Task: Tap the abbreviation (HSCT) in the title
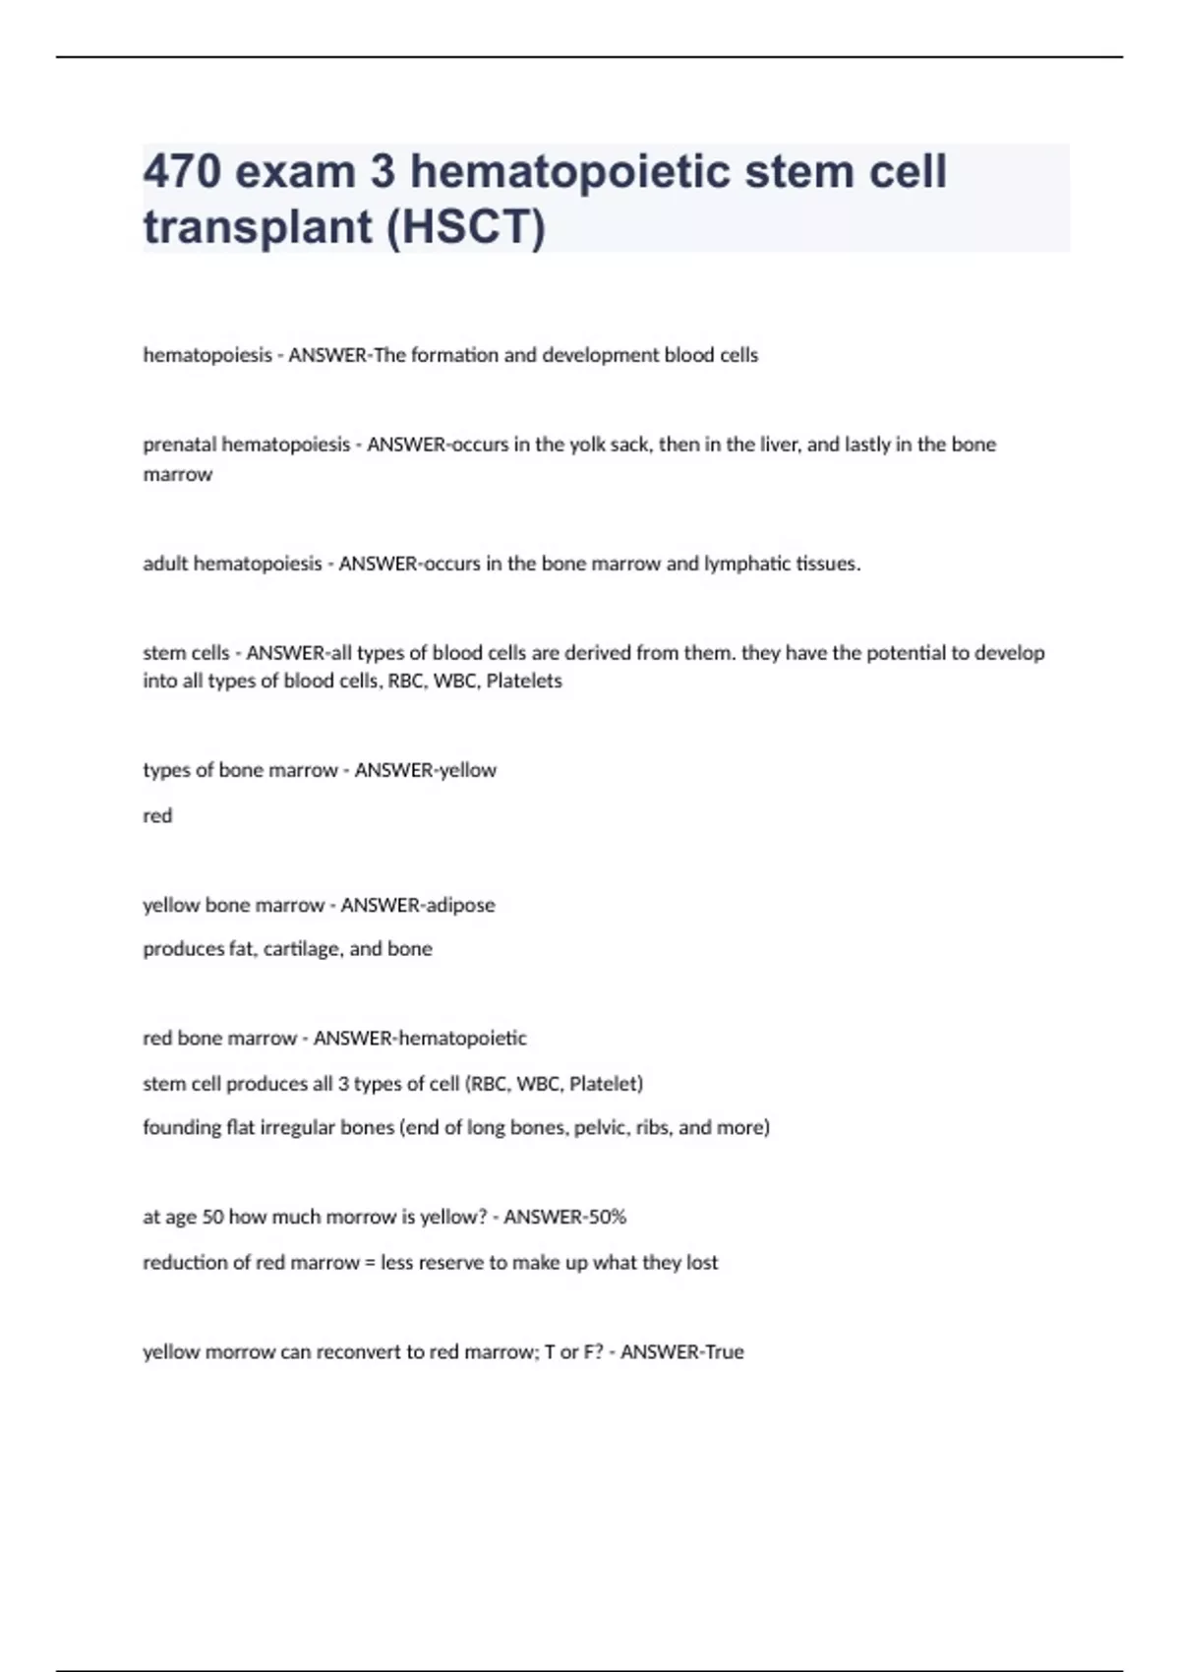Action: click(x=465, y=227)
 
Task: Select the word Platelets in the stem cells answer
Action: click(x=524, y=681)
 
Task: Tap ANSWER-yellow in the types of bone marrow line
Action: click(x=425, y=770)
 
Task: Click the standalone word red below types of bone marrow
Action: click(x=157, y=815)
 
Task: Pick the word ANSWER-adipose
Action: click(x=418, y=905)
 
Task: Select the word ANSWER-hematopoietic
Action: click(x=420, y=1039)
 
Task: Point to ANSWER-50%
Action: click(x=564, y=1217)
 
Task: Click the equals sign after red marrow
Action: click(x=370, y=1263)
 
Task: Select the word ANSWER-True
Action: click(x=681, y=1352)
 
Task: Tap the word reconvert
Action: click(x=368, y=1352)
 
